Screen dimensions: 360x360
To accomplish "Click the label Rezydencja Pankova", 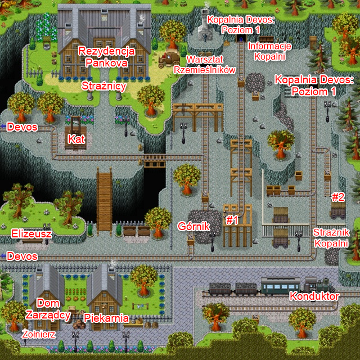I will coord(107,57).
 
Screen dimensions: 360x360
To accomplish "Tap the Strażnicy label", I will coord(103,87).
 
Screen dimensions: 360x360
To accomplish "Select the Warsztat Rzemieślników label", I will coord(204,64).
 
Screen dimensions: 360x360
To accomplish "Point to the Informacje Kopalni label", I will coord(269,51).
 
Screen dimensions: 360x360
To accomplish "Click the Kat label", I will coord(75,138).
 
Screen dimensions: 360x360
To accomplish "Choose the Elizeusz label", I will coord(31,233).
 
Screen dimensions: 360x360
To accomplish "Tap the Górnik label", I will coord(193,226).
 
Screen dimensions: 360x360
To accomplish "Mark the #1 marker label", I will coord(232,220).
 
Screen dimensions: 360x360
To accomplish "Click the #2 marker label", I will coord(337,197).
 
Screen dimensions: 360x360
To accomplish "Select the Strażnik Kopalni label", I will coord(332,237).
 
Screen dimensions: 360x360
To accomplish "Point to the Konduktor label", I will coord(314,296).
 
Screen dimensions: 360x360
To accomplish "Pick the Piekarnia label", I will coord(106,318).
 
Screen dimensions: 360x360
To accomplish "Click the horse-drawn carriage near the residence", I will coord(169,57).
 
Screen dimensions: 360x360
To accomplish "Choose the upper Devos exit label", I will coord(22,127).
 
